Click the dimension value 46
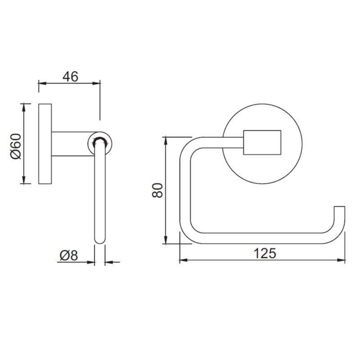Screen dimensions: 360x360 [x=70, y=76]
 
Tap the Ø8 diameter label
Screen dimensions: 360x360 [x=68, y=256]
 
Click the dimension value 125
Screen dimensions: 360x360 [x=265, y=253]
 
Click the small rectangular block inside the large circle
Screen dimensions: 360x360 [x=262, y=142]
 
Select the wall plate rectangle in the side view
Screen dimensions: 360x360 [x=45, y=143]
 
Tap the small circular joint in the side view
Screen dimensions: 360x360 [x=100, y=144]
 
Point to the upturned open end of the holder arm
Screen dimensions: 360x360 [x=339, y=208]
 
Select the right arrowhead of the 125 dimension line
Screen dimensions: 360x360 [x=342, y=260]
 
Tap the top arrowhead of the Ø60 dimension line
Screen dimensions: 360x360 [x=24, y=106]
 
